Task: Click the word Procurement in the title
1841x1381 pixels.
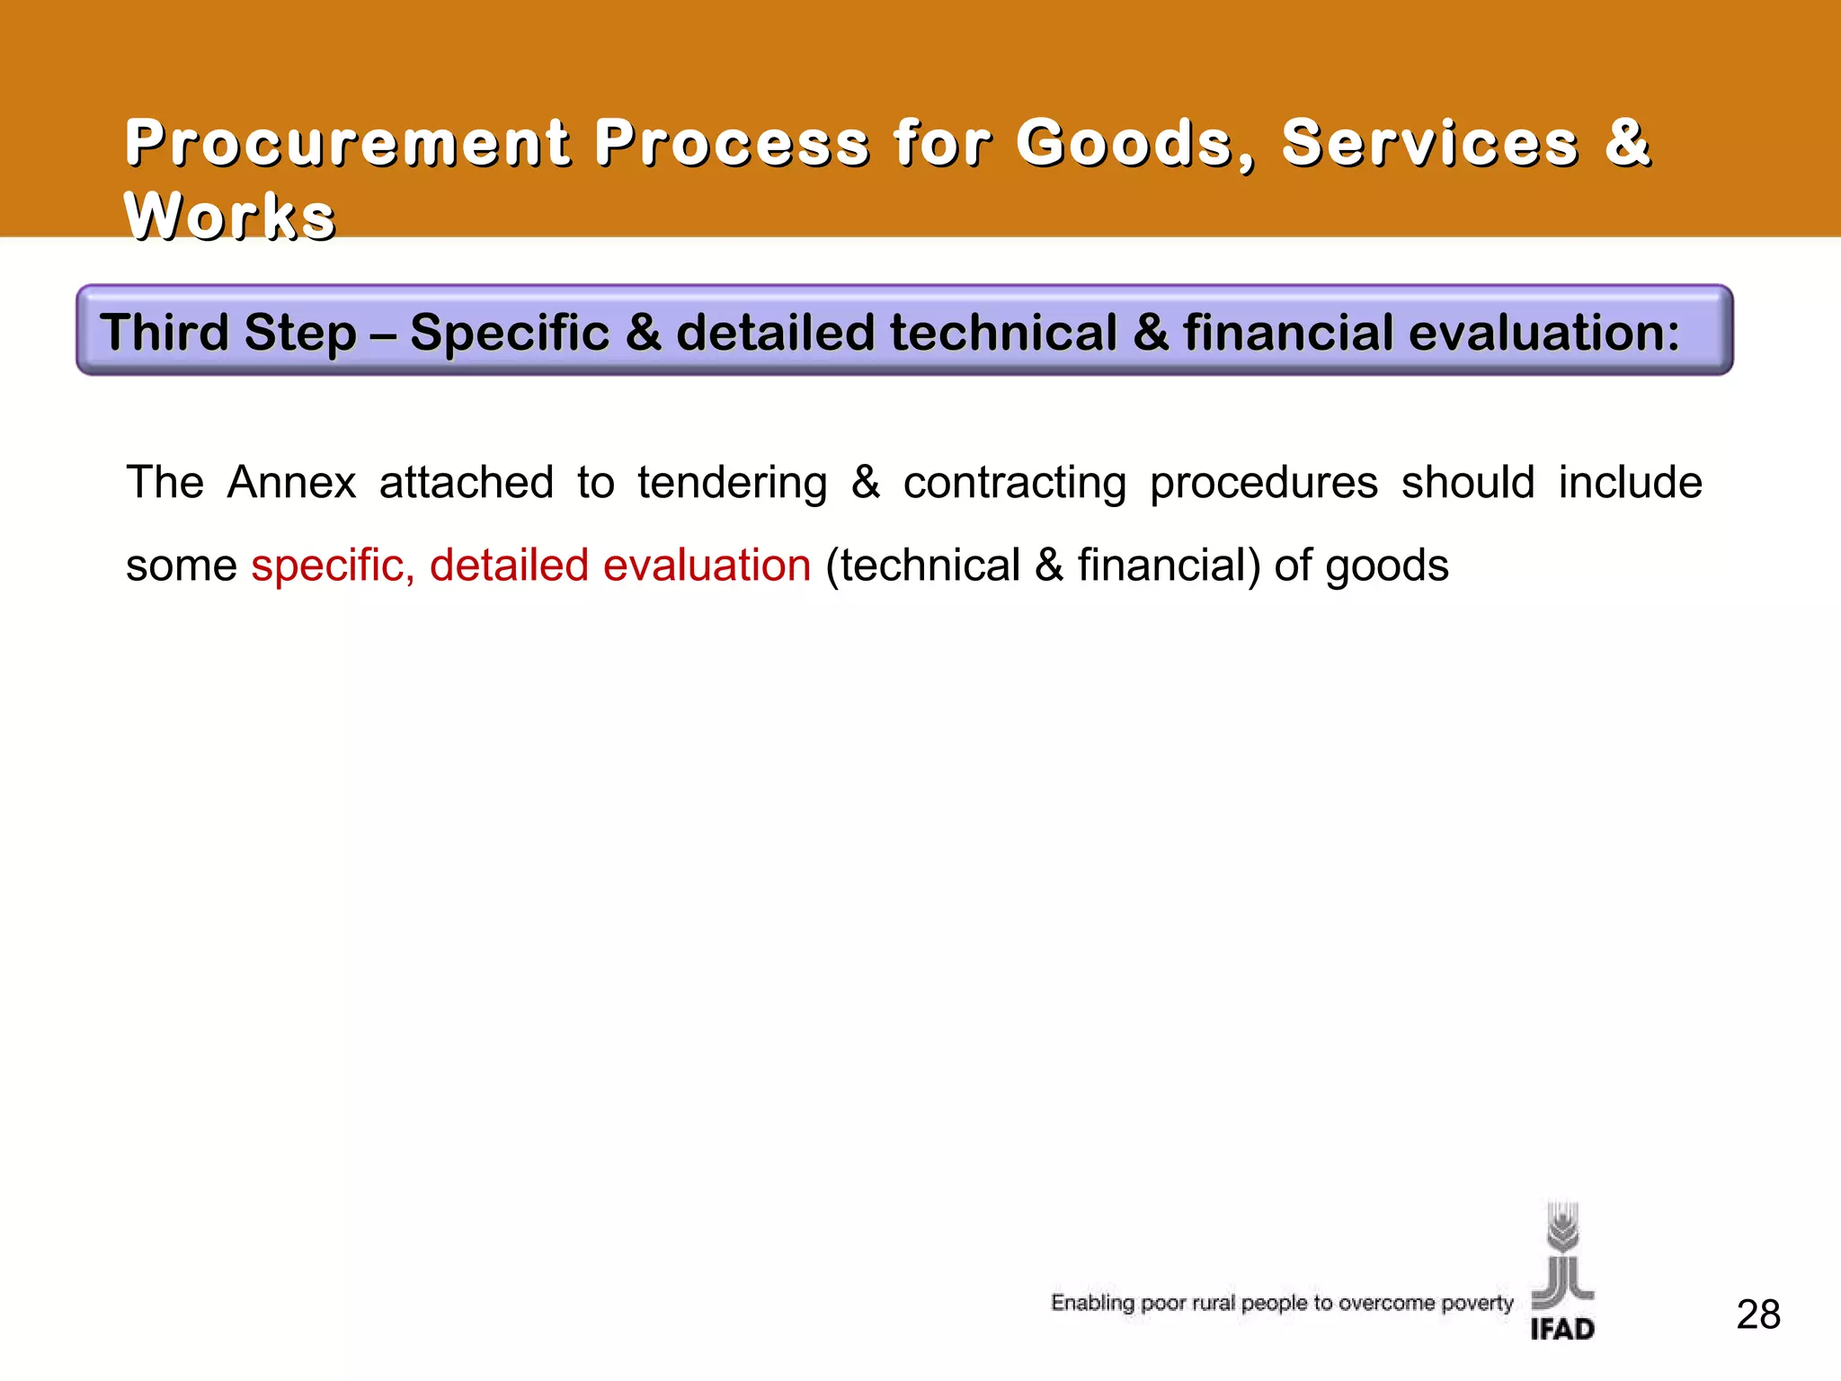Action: pos(348,143)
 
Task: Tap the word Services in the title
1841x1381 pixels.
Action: pos(1430,143)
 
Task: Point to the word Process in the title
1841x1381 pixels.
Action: pos(732,143)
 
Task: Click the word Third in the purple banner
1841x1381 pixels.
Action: pos(165,332)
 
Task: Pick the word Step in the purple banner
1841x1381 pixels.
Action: pos(300,332)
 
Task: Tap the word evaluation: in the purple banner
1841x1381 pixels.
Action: pos(1544,332)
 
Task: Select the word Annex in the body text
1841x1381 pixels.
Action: pos(291,482)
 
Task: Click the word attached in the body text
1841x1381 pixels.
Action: pos(467,482)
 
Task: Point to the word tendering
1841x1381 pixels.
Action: pos(733,482)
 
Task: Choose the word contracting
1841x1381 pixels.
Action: pos(1015,482)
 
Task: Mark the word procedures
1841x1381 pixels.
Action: pos(1264,482)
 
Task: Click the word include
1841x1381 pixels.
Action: pos(1631,482)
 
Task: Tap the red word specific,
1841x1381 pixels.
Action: pos(333,566)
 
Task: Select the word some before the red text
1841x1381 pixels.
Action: pos(181,566)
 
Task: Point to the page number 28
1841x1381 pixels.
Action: pos(1758,1314)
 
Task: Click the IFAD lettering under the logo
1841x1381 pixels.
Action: pos(1562,1329)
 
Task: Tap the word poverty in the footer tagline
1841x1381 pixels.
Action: pos(1477,1303)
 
